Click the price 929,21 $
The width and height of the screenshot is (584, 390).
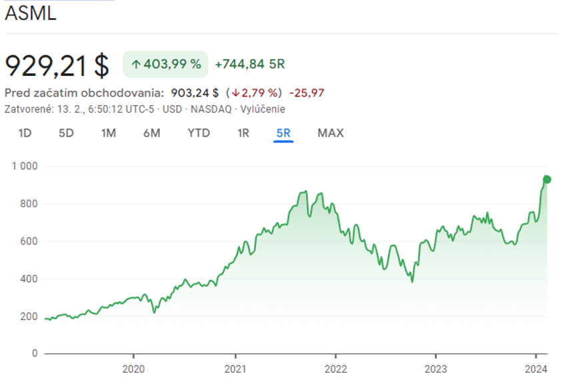pos(57,65)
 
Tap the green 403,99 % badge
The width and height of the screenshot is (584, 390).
pos(165,65)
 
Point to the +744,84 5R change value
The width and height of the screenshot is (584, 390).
pos(250,65)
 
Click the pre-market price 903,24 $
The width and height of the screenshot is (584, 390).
pos(195,93)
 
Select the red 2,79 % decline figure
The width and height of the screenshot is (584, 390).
pos(257,93)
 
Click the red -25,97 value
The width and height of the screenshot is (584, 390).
pos(307,93)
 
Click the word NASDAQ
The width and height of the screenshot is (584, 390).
pos(213,109)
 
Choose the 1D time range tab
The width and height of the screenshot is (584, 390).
pos(25,133)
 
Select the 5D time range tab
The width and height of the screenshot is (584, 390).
pos(66,133)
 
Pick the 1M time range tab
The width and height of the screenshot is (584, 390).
pos(109,133)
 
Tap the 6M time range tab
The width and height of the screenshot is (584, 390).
pos(151,133)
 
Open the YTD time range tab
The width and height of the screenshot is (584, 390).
pos(199,133)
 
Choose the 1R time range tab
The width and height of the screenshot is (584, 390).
pos(243,133)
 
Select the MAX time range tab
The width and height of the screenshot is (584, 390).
pos(331,133)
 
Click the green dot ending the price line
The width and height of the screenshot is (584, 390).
pos(547,179)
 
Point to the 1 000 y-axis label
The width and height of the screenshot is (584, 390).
pos(25,166)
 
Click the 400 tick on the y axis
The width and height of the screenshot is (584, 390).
pos(29,279)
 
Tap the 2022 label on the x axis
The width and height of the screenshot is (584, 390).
pos(335,368)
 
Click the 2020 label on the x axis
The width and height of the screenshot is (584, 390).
pos(133,368)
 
